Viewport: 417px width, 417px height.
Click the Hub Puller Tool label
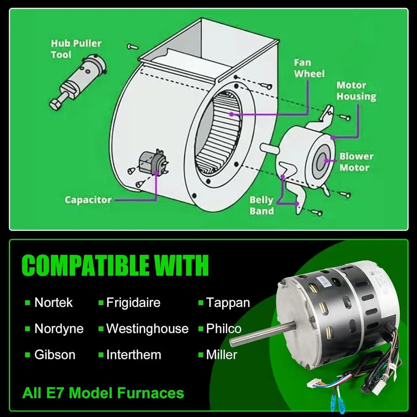76,49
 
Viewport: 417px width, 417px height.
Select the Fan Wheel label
309,68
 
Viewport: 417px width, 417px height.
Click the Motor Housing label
356,91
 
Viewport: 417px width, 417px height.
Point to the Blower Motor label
356,162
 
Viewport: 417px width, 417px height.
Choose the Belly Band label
261,205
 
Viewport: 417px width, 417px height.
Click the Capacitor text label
88,200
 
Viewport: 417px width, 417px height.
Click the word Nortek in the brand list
53,302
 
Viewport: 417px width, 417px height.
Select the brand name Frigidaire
133,302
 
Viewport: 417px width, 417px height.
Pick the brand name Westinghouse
147,329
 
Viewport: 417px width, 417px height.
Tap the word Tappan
228,302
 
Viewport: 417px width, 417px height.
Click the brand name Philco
224,329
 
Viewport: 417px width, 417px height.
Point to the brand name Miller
221,355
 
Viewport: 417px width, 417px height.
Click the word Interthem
133,355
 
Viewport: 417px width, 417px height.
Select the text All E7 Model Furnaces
103,393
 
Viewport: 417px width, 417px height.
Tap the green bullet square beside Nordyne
28,329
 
